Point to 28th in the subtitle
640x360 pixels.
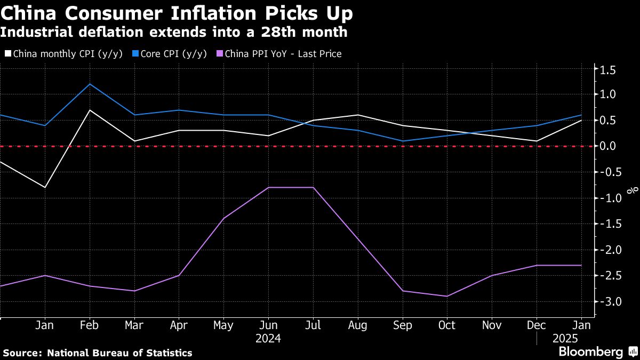pos(284,32)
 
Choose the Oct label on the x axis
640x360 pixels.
pos(447,325)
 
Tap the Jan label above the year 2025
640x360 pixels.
pos(581,325)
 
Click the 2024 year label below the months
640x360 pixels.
pos(268,338)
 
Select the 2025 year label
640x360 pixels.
pos(565,338)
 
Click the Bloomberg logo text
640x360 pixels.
pos(590,352)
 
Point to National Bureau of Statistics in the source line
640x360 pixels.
pos(119,353)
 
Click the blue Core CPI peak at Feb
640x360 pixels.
pos(90,84)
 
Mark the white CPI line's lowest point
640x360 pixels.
pos(45,188)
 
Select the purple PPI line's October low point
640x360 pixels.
pos(447,297)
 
